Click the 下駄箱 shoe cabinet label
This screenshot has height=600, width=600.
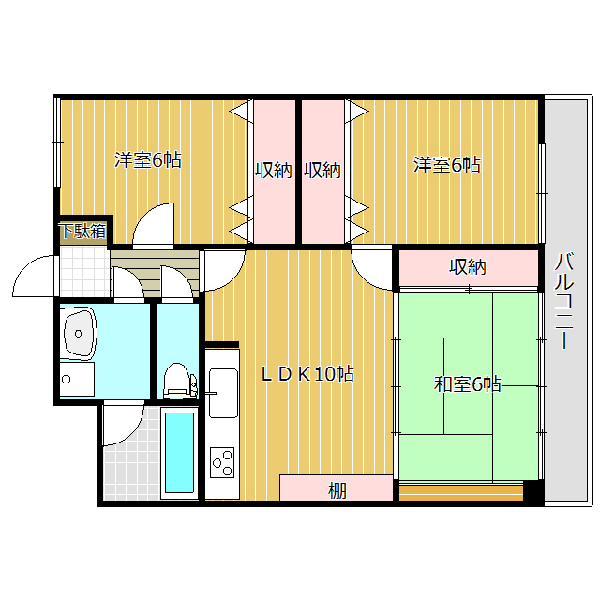pos(82,231)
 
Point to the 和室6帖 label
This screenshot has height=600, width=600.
pos(467,384)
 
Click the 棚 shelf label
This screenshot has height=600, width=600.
pos(336,490)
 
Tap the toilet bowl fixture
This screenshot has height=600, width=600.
pos(175,381)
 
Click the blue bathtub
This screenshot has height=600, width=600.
pos(178,454)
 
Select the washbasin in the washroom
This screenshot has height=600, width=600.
pos(81,332)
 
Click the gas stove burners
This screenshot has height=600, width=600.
pos(222,460)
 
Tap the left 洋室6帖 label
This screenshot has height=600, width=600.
pos(148,160)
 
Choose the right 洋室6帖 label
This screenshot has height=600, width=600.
pos(447,165)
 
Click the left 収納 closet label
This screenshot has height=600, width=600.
pos(274,171)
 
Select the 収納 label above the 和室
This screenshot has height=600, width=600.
pos(467,267)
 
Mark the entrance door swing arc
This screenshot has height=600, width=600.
pos(35,274)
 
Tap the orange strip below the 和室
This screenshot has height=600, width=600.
pos(459,489)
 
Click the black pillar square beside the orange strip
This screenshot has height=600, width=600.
pos(532,489)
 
